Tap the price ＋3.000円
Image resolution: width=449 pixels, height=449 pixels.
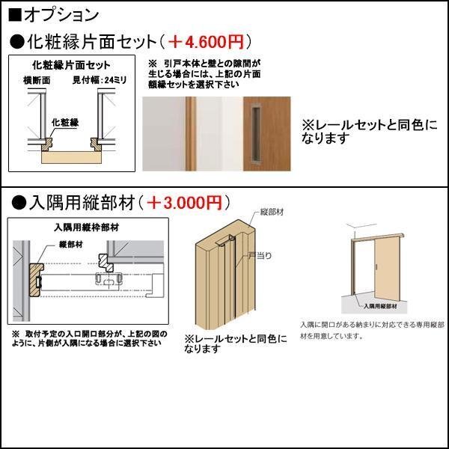point(183,202)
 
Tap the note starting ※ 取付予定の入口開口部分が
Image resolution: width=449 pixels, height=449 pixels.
point(88,338)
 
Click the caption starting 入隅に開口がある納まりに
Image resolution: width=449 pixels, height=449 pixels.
point(372,330)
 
